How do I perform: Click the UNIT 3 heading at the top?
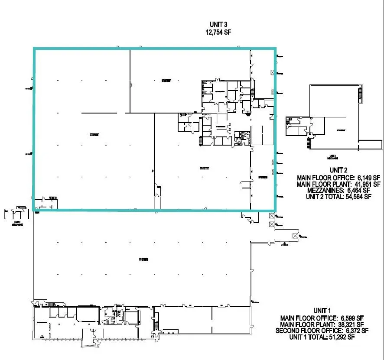[x=219, y=25]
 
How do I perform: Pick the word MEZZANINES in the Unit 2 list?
[x=320, y=190]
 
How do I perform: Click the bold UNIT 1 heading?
[x=322, y=311]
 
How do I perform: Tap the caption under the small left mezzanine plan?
[x=16, y=224]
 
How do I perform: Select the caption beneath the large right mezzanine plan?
[x=332, y=157]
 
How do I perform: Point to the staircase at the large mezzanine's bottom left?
[x=309, y=141]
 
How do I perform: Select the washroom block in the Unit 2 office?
[x=240, y=136]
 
